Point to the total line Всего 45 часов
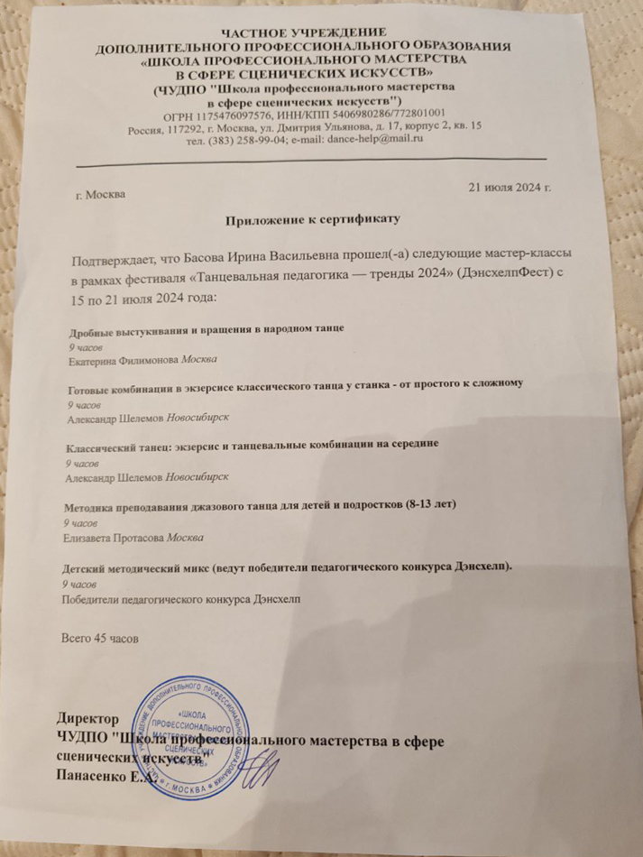(98, 640)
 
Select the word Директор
(87, 719)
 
